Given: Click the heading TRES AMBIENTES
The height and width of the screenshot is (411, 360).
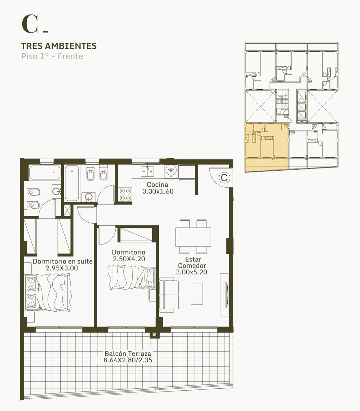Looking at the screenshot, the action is [59, 46].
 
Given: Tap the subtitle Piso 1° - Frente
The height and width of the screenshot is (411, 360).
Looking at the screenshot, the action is [52, 56].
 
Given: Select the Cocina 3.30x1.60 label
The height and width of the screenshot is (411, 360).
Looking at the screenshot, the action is [158, 188].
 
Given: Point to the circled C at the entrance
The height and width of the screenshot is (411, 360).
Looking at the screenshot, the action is [224, 178].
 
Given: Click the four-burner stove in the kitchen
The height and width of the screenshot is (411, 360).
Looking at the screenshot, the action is [126, 194].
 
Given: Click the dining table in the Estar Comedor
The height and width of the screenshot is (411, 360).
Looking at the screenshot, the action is [193, 237].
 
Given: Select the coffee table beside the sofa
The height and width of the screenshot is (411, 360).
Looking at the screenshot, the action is [197, 294].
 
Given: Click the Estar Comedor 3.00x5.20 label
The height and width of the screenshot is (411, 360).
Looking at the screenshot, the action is [192, 265].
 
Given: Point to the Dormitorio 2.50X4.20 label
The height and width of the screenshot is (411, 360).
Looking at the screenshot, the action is [129, 256].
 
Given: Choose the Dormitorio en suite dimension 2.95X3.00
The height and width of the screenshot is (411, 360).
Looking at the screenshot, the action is [62, 268].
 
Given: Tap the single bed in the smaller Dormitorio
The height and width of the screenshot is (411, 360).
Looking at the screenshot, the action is [132, 277].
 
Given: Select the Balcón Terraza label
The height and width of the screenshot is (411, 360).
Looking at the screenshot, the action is [128, 353].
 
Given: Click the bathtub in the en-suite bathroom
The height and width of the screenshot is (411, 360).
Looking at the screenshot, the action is [45, 172].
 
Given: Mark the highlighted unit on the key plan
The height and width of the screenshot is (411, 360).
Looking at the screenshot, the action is [267, 147].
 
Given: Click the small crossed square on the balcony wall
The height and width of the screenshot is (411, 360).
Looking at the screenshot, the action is [154, 334].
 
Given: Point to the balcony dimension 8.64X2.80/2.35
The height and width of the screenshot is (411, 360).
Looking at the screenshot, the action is [128, 360].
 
